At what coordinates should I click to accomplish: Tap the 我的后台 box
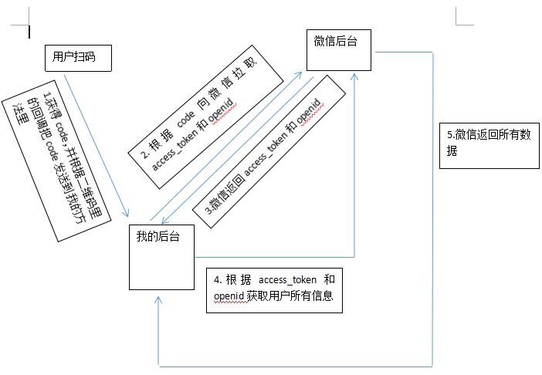(x=161, y=257)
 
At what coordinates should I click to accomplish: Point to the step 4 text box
(x=276, y=289)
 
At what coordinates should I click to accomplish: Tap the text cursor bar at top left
(x=29, y=32)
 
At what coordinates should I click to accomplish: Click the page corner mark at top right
(x=462, y=17)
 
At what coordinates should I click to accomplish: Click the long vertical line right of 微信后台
(x=433, y=208)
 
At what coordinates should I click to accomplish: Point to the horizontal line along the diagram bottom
(x=293, y=365)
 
